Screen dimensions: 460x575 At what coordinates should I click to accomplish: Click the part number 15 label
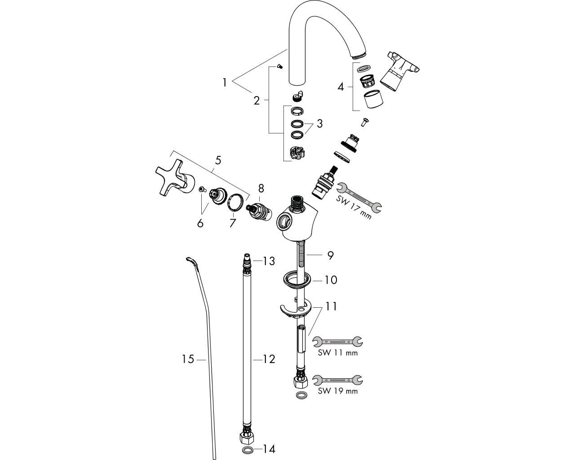(188, 359)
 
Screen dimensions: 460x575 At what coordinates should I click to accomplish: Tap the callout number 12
(269, 359)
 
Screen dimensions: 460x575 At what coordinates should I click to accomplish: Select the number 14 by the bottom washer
(269, 448)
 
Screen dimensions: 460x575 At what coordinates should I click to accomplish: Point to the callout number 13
(269, 261)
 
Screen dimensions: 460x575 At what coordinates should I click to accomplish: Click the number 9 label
(330, 255)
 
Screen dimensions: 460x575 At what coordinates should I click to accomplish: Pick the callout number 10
(331, 280)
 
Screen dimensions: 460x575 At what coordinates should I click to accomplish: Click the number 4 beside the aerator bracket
(341, 86)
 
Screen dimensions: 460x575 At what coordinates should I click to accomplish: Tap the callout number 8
(261, 188)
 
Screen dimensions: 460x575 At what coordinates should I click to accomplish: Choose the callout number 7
(232, 222)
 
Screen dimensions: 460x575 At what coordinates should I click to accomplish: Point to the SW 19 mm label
(337, 391)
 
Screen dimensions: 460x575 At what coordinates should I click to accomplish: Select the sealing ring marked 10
(297, 280)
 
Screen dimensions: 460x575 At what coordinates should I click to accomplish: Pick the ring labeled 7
(237, 202)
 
